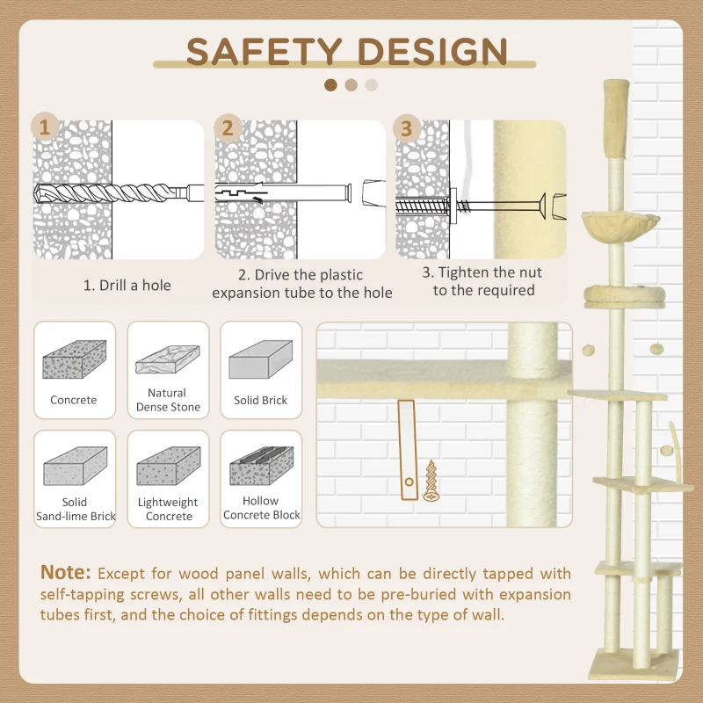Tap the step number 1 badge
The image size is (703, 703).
(x=47, y=127)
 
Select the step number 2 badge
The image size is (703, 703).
(x=228, y=127)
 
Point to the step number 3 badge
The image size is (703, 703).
(x=406, y=127)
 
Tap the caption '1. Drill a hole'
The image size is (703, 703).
(x=127, y=285)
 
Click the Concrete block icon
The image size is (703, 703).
(x=74, y=359)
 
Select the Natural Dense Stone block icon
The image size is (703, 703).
(x=168, y=360)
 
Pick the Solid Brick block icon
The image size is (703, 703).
(x=260, y=359)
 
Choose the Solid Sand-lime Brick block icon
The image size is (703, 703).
(x=75, y=465)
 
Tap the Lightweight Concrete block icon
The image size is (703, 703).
(x=168, y=465)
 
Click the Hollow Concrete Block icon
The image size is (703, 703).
(x=261, y=465)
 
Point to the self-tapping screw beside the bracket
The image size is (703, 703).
(x=431, y=481)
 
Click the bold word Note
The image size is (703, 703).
(x=65, y=573)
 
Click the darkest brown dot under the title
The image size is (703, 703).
(x=330, y=85)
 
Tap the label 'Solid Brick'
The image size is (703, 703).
(x=260, y=400)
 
